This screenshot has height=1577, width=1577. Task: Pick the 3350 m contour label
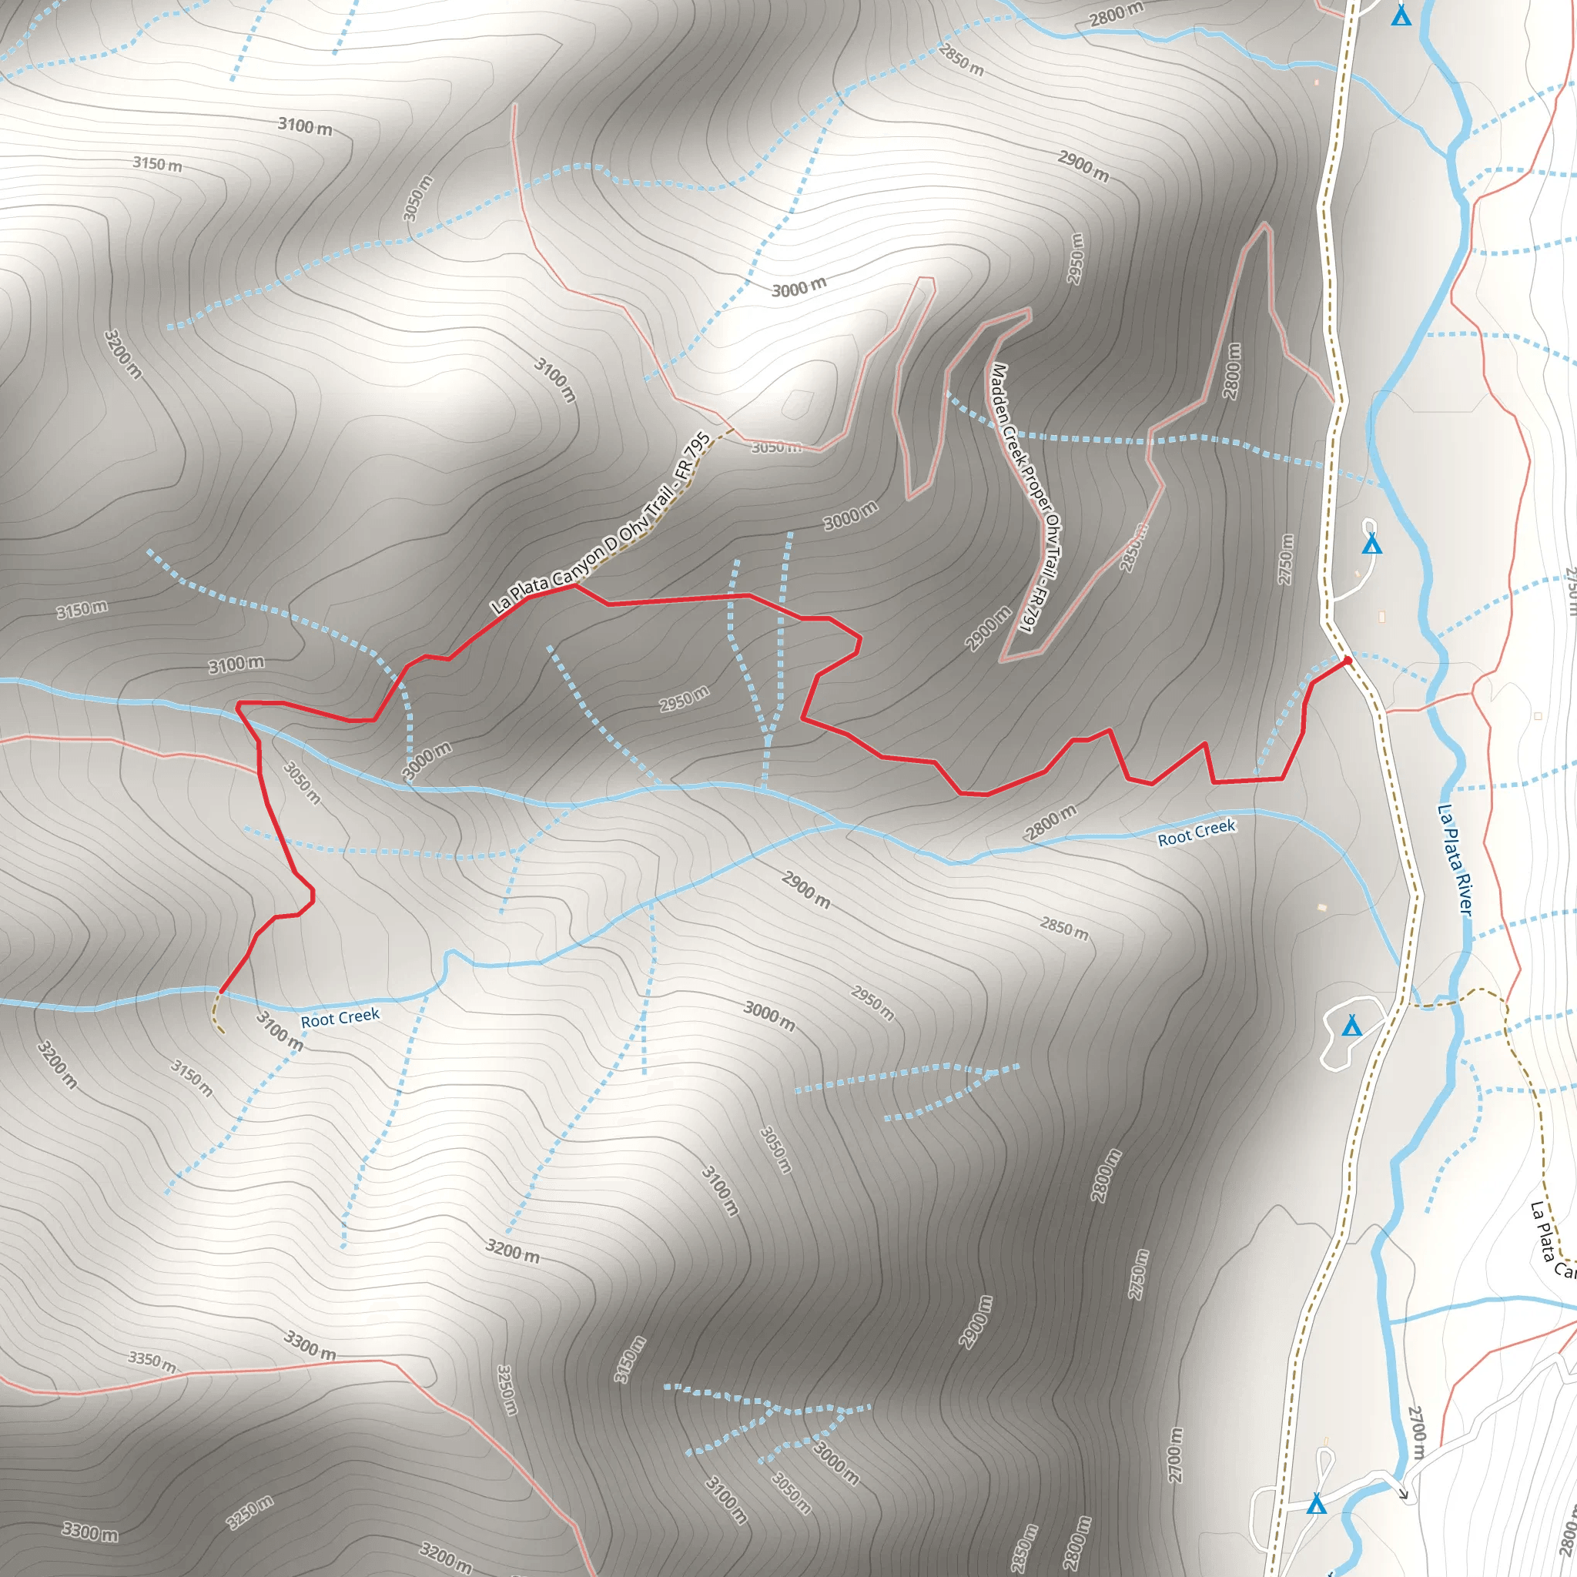coord(152,1361)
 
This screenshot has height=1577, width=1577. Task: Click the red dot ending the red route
coord(1347,660)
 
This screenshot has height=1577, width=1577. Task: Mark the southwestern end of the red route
coord(220,992)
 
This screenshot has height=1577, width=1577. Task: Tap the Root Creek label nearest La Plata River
coord(1196,832)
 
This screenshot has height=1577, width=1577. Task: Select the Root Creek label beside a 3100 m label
coord(340,1018)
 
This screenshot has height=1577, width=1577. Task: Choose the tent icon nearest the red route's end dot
coord(1372,544)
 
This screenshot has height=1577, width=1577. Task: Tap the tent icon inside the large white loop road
coord(1352,1025)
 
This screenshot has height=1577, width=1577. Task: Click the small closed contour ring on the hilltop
coord(798,403)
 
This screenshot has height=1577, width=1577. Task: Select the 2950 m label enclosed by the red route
coord(684,698)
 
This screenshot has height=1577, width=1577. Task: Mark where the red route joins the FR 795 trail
coord(574,584)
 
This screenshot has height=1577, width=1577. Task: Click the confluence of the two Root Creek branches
coord(841,825)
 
